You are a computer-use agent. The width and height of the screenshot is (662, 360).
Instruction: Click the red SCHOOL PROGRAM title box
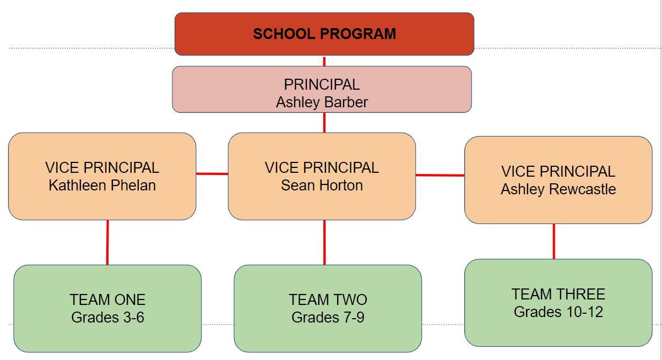click(x=324, y=34)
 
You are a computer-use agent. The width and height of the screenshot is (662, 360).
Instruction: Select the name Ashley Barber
click(x=322, y=102)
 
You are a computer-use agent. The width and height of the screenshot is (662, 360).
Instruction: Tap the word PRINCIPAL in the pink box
click(x=322, y=85)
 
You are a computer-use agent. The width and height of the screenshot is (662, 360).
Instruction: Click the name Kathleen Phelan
click(x=102, y=186)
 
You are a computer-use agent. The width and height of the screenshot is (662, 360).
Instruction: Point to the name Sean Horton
click(x=322, y=186)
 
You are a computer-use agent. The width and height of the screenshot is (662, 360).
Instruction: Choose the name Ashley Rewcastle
click(x=558, y=189)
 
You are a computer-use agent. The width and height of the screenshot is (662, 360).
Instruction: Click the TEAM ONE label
click(x=107, y=300)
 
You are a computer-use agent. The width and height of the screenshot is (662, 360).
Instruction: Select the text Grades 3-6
click(x=107, y=318)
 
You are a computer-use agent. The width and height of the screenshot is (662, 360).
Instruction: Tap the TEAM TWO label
click(x=328, y=300)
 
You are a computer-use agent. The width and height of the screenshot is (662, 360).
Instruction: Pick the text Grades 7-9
click(x=328, y=318)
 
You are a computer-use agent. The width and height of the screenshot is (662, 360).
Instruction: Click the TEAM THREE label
click(x=558, y=294)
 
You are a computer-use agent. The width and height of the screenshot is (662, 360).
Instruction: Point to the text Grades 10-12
click(x=558, y=312)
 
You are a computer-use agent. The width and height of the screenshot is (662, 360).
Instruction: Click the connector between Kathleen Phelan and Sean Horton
click(x=212, y=174)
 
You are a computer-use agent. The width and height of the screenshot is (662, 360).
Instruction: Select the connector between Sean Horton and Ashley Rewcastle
click(x=439, y=176)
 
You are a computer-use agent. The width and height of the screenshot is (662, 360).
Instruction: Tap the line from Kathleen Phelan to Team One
click(x=107, y=242)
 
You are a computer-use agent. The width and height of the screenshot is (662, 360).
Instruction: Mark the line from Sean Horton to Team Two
click(x=324, y=242)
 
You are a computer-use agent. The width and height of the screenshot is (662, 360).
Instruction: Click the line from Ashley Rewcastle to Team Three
click(x=554, y=241)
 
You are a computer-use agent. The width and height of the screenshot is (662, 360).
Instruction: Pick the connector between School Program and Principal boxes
click(x=324, y=61)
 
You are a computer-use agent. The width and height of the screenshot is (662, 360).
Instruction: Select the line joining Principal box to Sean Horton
click(x=324, y=122)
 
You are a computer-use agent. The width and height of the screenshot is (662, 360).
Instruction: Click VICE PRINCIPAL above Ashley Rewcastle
click(x=558, y=172)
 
